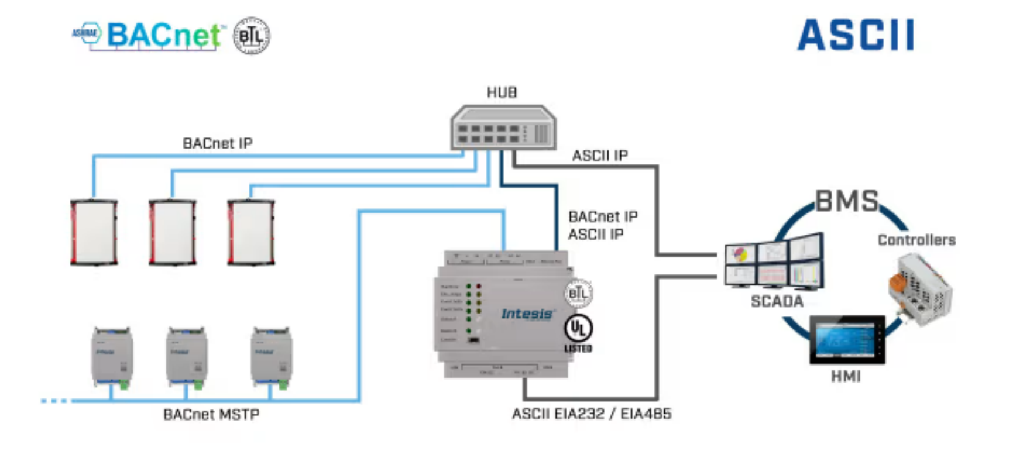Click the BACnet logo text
tap(164, 35)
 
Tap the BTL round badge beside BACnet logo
tap(252, 36)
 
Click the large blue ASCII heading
tap(855, 35)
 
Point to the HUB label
tap(502, 92)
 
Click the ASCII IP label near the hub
tap(600, 156)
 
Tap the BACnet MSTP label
tap(211, 415)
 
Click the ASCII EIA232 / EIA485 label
tap(592, 414)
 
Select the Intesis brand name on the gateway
tap(527, 314)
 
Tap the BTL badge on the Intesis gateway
tap(578, 294)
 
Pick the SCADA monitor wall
tap(774, 261)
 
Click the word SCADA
tap(777, 301)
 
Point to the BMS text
tap(847, 201)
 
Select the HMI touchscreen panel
tap(847, 339)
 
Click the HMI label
tap(846, 376)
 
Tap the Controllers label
tap(916, 240)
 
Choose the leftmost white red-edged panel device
tap(94, 232)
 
